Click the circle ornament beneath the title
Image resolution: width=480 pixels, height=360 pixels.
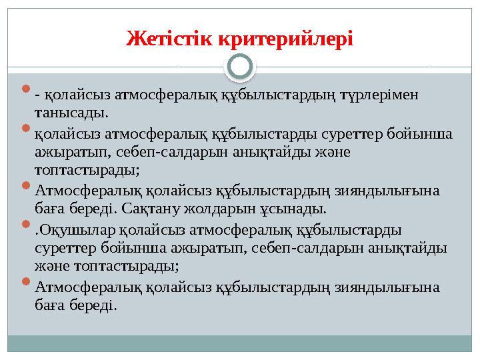pyautogui.click(x=240, y=67)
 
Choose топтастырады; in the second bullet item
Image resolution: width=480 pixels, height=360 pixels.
pyautogui.click(x=87, y=170)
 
